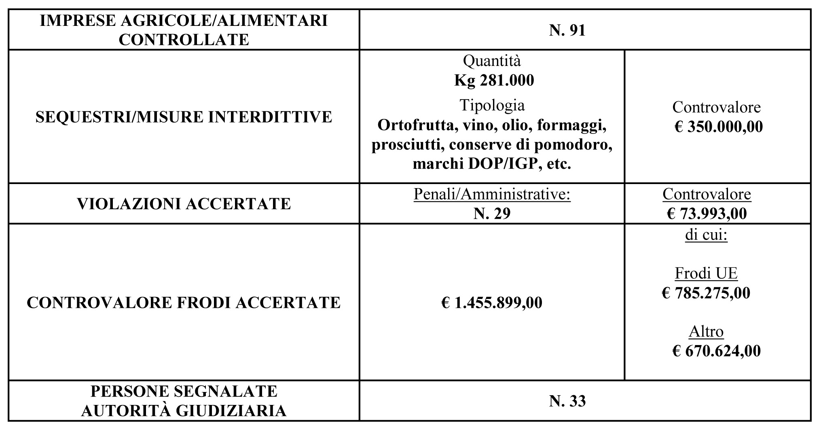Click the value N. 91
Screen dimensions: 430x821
567,30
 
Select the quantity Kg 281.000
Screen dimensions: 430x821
494,80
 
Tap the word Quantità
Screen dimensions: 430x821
492,61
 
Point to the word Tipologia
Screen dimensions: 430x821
492,105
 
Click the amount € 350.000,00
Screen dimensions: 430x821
718,127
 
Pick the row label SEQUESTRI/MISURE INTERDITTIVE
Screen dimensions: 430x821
184,117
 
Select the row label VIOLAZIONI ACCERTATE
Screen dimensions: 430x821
184,204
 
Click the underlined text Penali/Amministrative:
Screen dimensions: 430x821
492,195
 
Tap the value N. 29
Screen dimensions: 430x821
492,213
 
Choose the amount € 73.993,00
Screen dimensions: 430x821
707,213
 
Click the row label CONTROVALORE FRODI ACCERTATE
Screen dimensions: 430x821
184,303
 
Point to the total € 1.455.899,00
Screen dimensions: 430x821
492,303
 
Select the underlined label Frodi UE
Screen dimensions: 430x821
706,273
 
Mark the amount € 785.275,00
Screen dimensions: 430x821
706,292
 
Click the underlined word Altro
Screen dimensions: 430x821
706,332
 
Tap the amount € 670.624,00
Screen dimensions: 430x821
716,351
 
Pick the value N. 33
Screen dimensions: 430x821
567,401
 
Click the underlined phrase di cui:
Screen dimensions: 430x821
706,235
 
